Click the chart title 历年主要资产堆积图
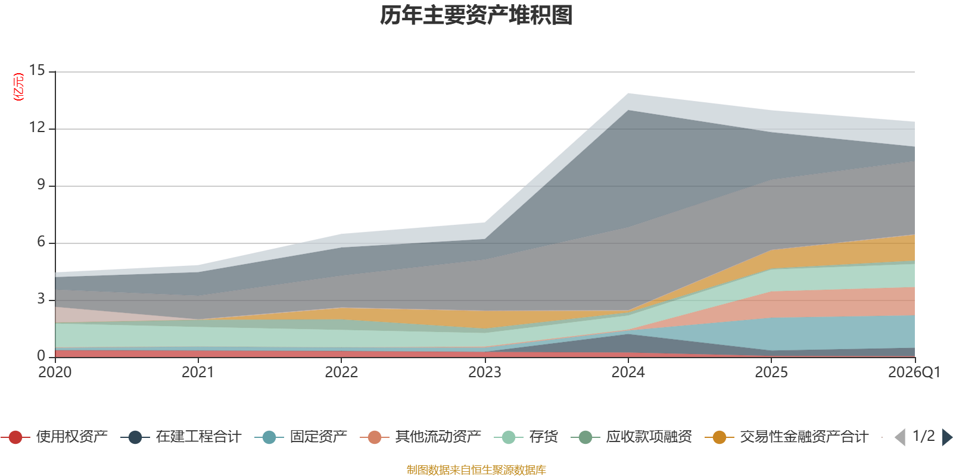pyautogui.click(x=476, y=15)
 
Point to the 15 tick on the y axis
pyautogui.click(x=37, y=70)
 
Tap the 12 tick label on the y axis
pyautogui.click(x=37, y=127)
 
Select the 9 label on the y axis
pyautogui.click(x=41, y=184)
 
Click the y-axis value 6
pyautogui.click(x=41, y=242)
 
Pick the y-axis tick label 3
pyautogui.click(x=41, y=299)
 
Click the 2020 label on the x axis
pyautogui.click(x=55, y=372)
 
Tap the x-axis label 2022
pyautogui.click(x=341, y=372)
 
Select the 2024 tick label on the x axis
pyautogui.click(x=628, y=372)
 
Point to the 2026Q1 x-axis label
pyautogui.click(x=914, y=372)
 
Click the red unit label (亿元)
pyautogui.click(x=18, y=87)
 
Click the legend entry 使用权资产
pyautogui.click(x=54, y=437)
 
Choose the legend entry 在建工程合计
pyautogui.click(x=181, y=437)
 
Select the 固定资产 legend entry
pyautogui.click(x=301, y=437)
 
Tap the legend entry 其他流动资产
pyautogui.click(x=421, y=437)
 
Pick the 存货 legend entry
pyautogui.click(x=526, y=437)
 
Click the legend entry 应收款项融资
pyautogui.click(x=631, y=437)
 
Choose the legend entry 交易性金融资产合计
pyautogui.click(x=787, y=437)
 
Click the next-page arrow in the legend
pyautogui.click(x=947, y=437)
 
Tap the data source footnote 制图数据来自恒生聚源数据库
pyautogui.click(x=476, y=469)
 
